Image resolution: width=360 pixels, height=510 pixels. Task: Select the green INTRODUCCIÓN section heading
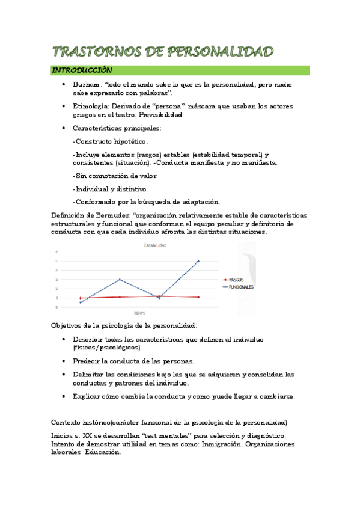[82, 70]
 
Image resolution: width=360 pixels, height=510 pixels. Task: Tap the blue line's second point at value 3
[120, 279]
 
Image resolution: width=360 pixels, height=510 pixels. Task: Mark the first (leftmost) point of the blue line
[80, 303]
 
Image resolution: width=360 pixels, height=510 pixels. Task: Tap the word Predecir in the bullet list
[88, 361]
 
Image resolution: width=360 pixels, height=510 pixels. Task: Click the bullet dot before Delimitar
[64, 374]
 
